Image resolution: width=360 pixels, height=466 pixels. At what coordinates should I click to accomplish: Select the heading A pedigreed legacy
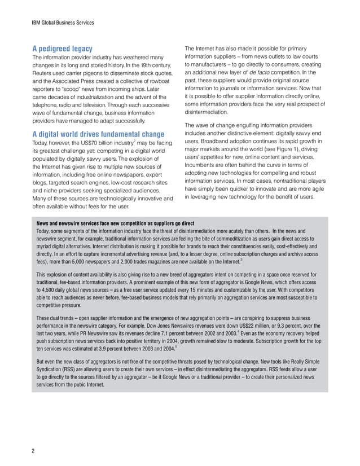pos(62,49)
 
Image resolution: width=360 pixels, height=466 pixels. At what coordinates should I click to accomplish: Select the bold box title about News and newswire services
pos(112,223)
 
